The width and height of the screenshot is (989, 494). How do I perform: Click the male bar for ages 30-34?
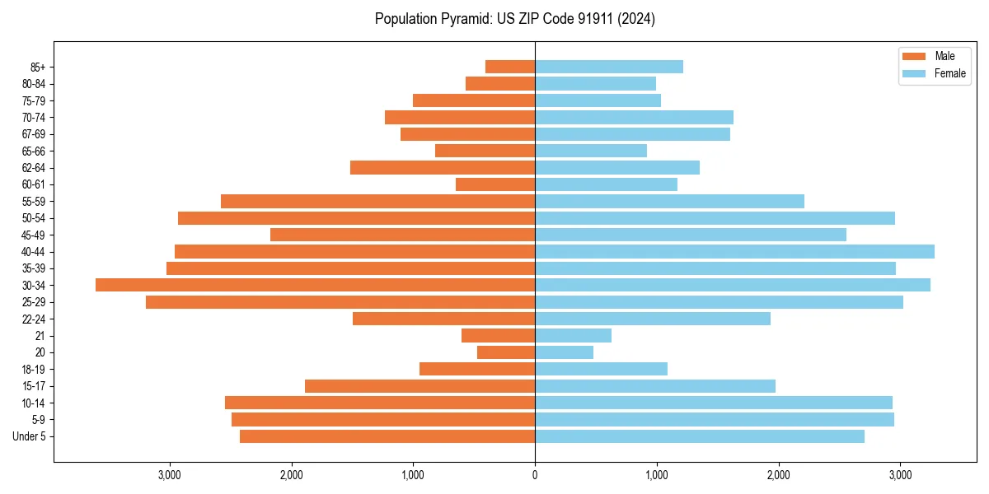click(315, 285)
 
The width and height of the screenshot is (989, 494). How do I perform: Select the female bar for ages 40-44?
click(734, 251)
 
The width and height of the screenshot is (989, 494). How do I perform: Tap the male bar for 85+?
click(510, 67)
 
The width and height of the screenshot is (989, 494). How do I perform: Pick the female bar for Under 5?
click(700, 436)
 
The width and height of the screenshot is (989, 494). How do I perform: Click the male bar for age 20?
click(506, 352)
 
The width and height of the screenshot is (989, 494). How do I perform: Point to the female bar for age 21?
click(573, 335)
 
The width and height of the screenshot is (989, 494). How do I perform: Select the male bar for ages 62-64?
click(443, 167)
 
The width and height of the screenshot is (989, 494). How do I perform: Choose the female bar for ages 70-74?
click(634, 117)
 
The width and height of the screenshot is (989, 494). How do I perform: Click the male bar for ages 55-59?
click(377, 201)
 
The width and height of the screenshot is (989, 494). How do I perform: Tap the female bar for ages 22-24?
click(653, 319)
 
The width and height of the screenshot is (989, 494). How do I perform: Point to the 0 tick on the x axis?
click(535, 474)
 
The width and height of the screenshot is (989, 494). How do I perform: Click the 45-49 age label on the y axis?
click(34, 235)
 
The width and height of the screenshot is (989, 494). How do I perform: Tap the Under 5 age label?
click(29, 436)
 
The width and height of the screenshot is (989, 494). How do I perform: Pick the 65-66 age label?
click(34, 151)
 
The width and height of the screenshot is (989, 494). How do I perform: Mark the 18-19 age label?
click(34, 369)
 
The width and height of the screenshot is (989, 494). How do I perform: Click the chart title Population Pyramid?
click(514, 19)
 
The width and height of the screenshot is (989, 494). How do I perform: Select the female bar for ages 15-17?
click(655, 386)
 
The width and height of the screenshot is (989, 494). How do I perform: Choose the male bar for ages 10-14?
click(380, 403)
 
